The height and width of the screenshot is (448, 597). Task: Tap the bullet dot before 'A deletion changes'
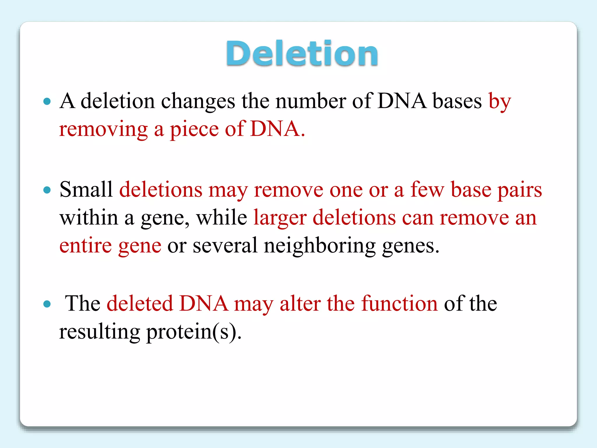tap(47, 101)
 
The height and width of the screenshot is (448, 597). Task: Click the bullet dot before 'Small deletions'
tap(47, 190)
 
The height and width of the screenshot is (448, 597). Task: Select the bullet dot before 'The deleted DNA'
tap(47, 304)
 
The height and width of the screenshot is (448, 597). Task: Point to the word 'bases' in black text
tap(457, 101)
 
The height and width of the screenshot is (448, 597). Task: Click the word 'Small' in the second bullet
tap(86, 190)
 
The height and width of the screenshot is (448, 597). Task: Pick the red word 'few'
tap(427, 190)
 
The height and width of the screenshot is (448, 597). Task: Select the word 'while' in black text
tap(222, 218)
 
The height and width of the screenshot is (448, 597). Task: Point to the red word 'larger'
tap(280, 218)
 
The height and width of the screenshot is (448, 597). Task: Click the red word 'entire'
tap(85, 246)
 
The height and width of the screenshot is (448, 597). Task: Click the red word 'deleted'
tap(140, 304)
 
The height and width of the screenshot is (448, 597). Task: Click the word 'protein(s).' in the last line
tap(194, 332)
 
